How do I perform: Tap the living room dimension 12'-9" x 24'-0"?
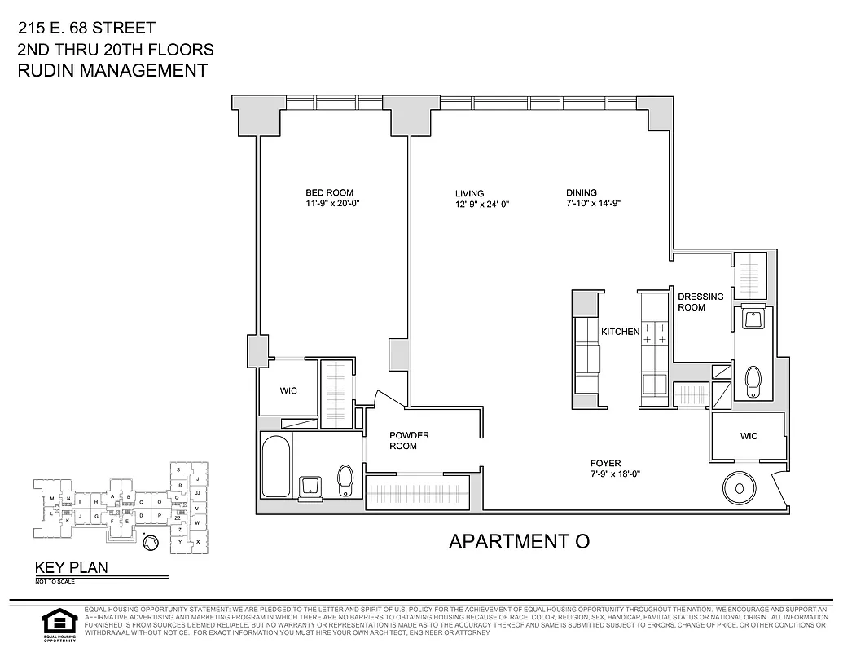tap(482, 205)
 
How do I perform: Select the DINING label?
tap(582, 193)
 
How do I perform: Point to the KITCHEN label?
tap(620, 332)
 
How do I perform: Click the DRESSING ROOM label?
tap(700, 302)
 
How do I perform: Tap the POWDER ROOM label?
tap(408, 440)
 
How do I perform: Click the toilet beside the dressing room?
tap(753, 379)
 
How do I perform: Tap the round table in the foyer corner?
tap(739, 489)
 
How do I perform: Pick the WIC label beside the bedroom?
tap(288, 391)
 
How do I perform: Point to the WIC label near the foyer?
tap(749, 436)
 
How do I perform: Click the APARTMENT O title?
tap(519, 541)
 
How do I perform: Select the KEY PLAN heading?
tap(70, 568)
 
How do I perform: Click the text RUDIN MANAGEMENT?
tap(112, 70)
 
